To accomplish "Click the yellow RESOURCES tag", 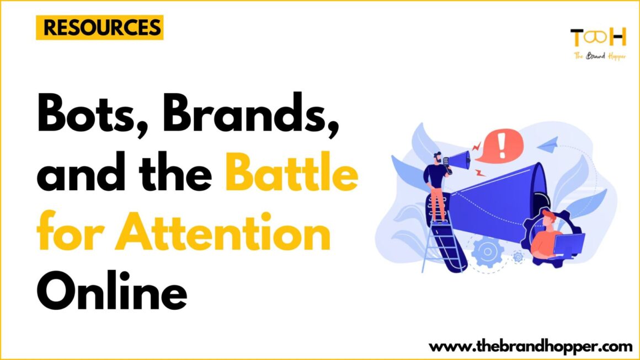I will (99, 28).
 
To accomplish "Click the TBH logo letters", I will (598, 37).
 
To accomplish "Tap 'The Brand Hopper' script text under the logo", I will (598, 55).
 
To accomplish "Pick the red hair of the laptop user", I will (546, 215).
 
